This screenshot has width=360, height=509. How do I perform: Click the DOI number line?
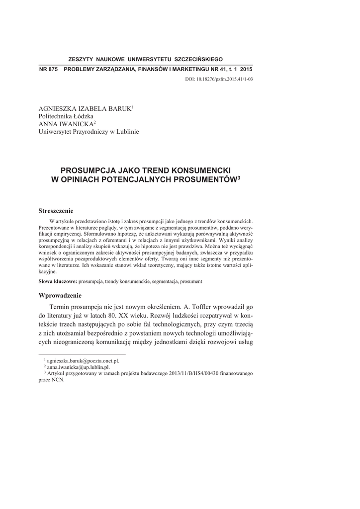(225, 78)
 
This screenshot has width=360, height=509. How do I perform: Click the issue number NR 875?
(45, 69)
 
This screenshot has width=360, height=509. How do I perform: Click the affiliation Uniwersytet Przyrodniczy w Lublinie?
(89, 132)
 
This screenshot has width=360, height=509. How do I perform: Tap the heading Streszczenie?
(56, 211)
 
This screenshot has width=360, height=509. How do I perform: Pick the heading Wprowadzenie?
(60, 295)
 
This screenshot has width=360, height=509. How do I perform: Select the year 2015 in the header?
(246, 69)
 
